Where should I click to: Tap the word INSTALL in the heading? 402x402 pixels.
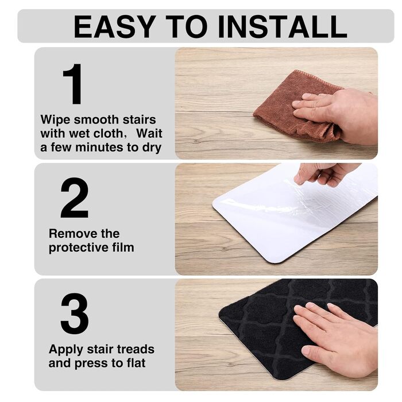point(283,26)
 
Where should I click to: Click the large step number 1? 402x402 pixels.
point(74,84)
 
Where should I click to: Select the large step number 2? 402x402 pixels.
point(75,198)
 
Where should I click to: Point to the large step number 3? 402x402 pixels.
point(75,314)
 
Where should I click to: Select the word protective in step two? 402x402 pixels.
point(79,248)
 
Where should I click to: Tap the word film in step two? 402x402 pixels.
point(123,247)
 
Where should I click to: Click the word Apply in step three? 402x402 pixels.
point(65,350)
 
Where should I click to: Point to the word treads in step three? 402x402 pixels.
point(136,349)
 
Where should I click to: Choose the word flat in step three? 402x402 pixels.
point(136,363)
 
